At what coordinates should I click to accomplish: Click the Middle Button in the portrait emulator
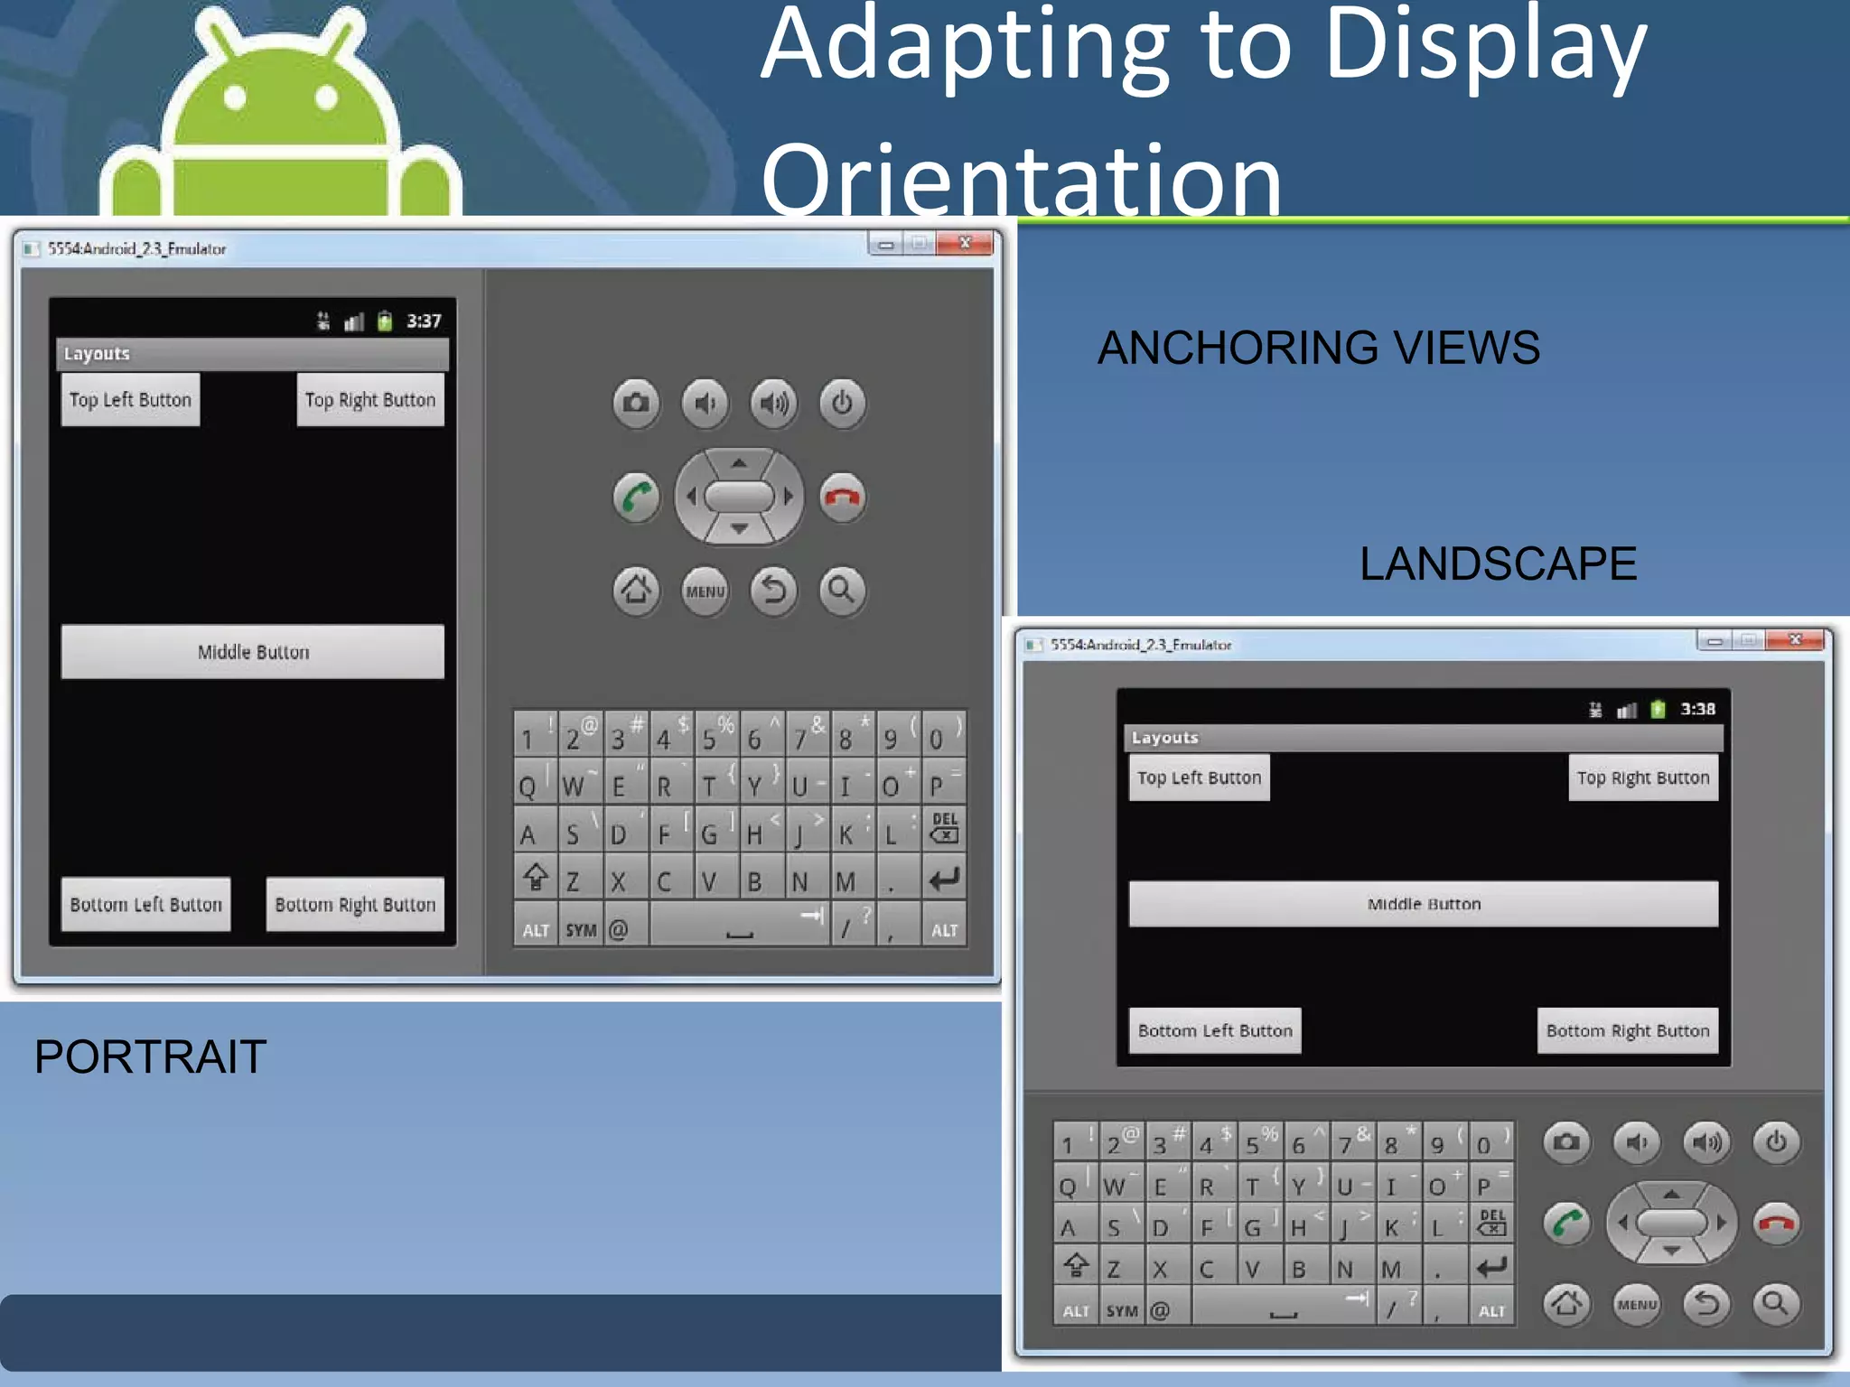253,651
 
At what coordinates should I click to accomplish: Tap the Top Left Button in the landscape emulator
1199,777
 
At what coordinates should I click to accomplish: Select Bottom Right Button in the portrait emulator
355,904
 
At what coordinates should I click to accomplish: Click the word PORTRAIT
150,1057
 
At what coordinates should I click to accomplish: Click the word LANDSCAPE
1498,563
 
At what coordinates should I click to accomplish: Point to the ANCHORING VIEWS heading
1318,348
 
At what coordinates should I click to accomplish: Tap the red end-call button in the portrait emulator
842,497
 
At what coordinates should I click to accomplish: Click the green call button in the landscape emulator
1566,1224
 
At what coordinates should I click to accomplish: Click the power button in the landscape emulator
1776,1142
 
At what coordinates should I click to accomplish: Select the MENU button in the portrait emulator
705,591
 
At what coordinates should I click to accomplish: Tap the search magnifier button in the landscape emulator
1775,1303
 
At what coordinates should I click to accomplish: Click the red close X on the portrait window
965,243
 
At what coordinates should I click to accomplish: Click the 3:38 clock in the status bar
1696,709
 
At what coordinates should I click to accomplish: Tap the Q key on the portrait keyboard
528,787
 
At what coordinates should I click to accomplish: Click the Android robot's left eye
235,98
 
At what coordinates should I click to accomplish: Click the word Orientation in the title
1021,180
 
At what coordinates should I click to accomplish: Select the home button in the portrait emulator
636,591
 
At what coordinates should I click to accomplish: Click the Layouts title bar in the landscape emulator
1423,738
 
